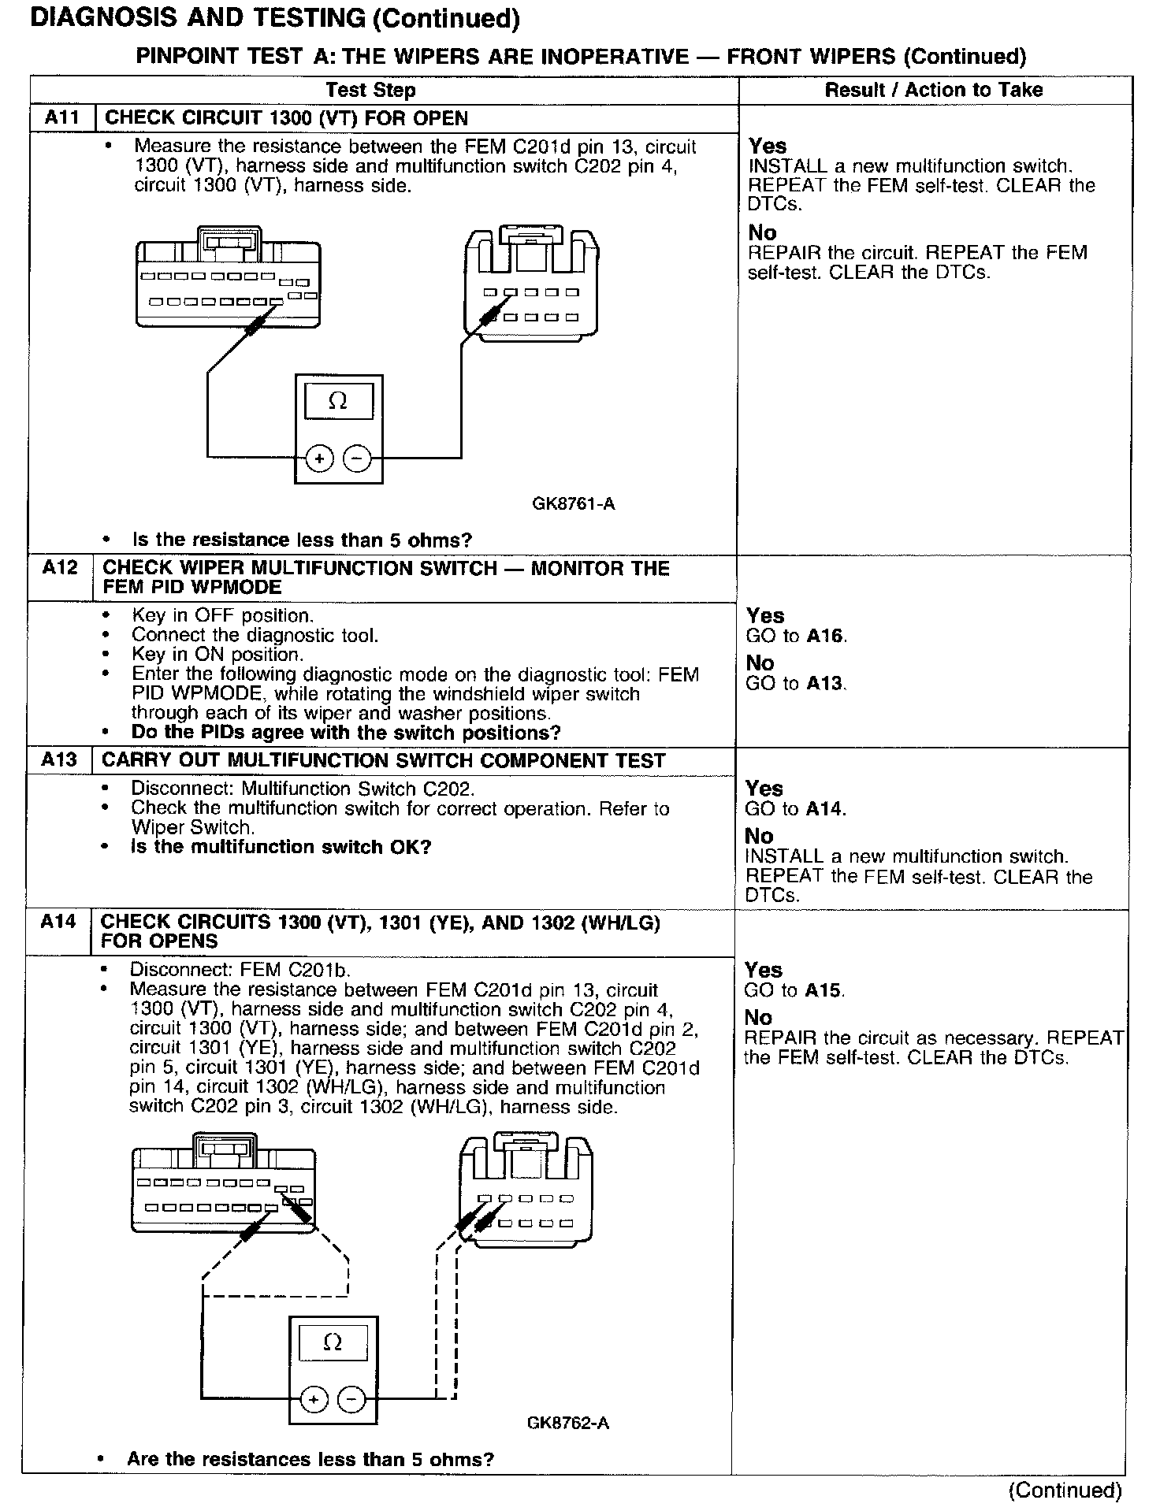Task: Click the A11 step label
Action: (62, 118)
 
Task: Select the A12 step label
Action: (60, 569)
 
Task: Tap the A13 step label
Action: (59, 760)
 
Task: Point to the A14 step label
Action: (58, 922)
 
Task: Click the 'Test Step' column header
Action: (370, 91)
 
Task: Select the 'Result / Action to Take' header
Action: (933, 91)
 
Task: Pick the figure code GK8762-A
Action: (567, 1424)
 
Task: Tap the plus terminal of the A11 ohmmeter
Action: (320, 458)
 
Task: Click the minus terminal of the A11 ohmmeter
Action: (358, 458)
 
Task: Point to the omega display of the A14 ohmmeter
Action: (333, 1343)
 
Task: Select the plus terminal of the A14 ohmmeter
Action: (314, 1399)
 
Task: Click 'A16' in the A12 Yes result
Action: (826, 637)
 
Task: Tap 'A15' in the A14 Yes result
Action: (824, 990)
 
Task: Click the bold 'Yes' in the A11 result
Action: (768, 146)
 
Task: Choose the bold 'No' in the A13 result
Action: (759, 836)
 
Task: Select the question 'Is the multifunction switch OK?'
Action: (281, 848)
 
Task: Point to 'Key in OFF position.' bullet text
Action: (222, 615)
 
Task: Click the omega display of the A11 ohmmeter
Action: (337, 402)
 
